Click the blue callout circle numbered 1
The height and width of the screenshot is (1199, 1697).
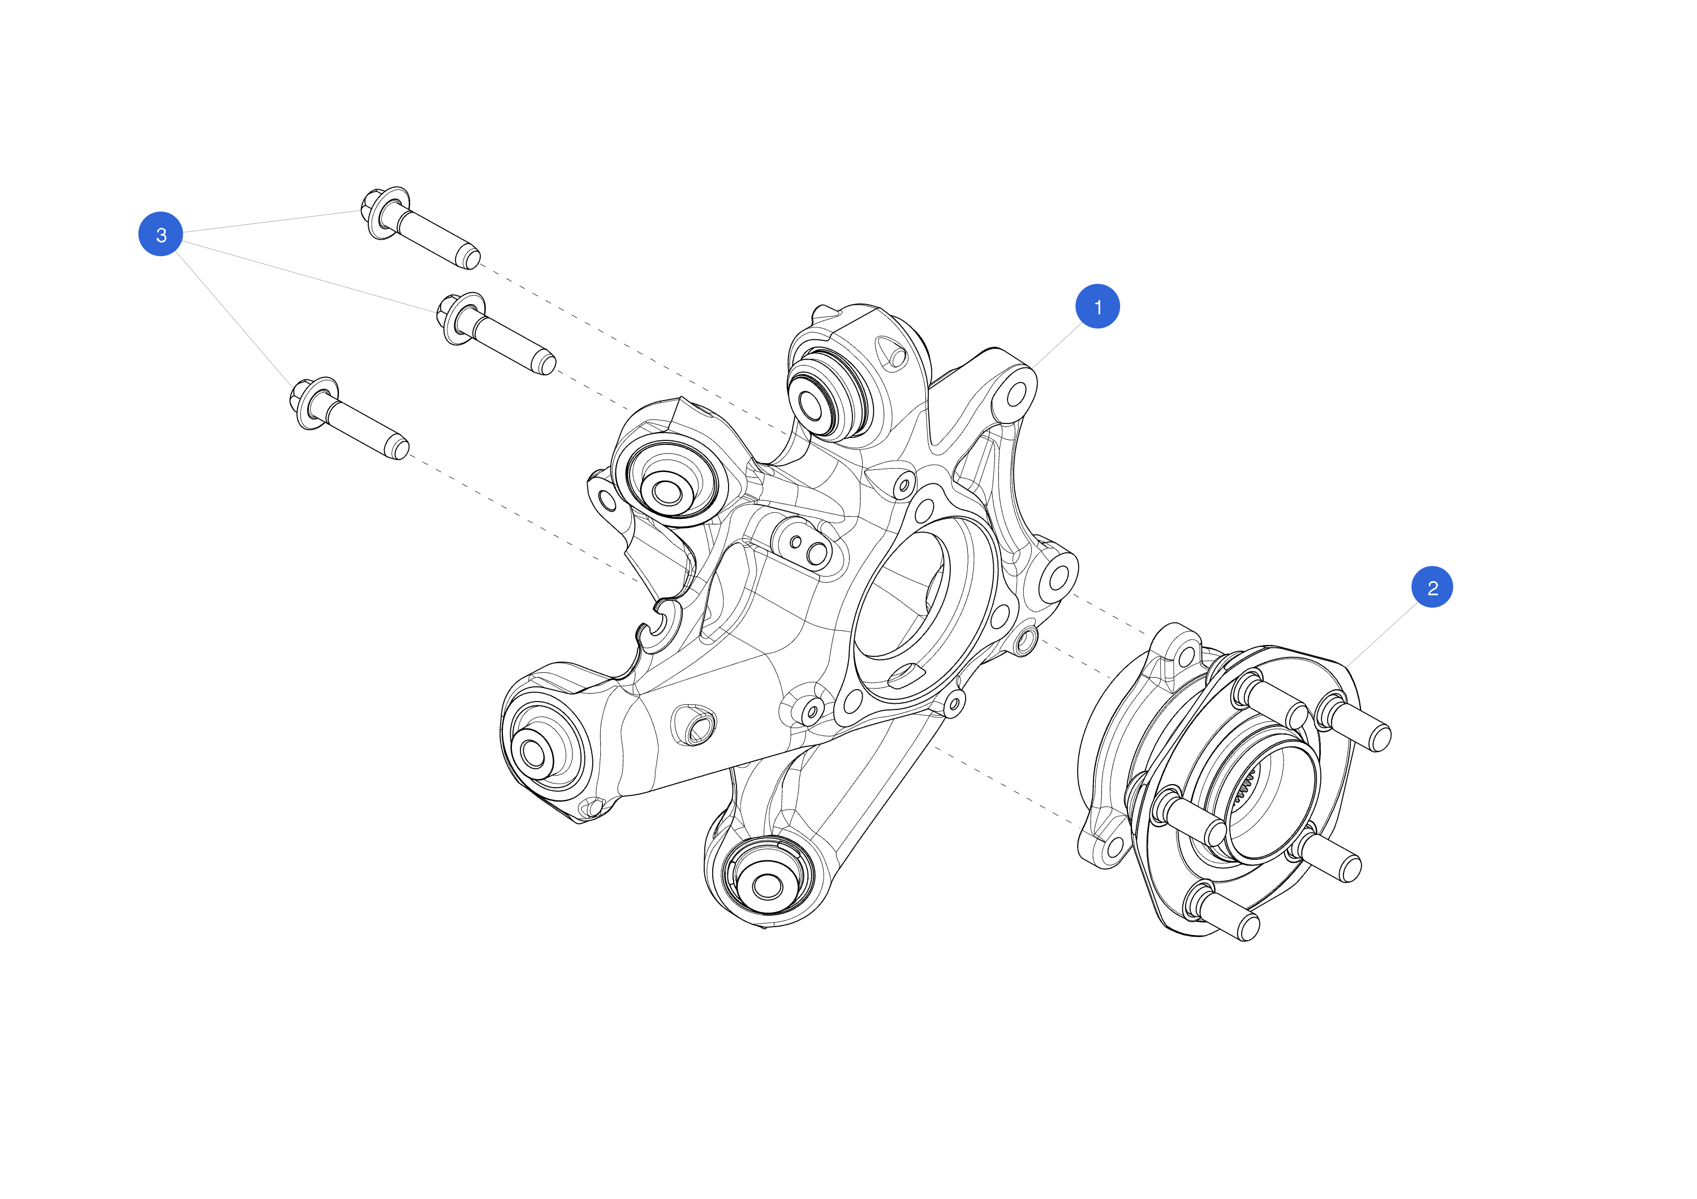1097,306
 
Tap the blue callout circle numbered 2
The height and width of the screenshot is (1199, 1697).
1432,587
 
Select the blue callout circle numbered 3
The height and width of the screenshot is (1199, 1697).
161,234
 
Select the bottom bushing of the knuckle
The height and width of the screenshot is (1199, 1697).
766,886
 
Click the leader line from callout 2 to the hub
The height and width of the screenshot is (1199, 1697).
1381,635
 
